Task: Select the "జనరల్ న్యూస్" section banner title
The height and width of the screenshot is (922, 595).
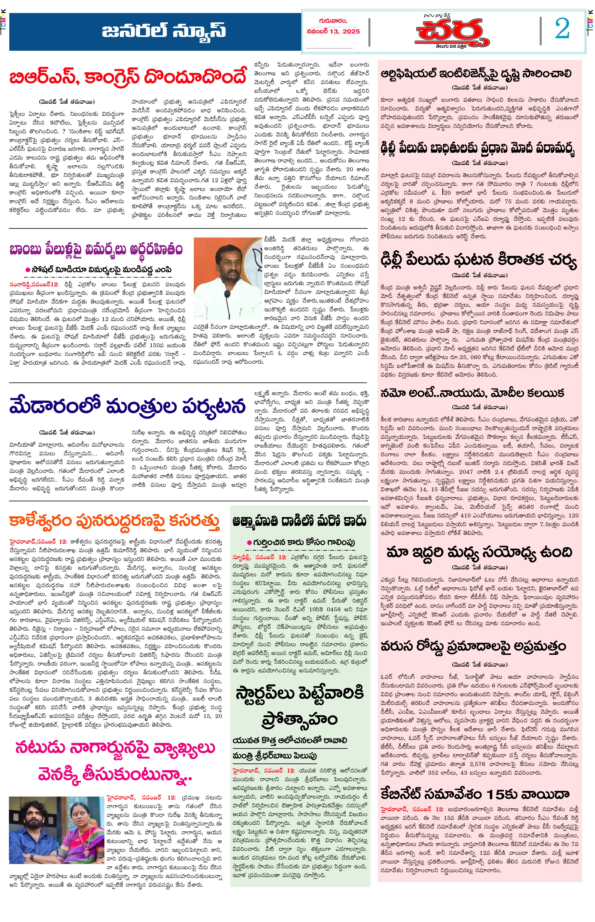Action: pos(164,31)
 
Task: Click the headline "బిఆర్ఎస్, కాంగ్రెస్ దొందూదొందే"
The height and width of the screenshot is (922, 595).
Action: pos(127,77)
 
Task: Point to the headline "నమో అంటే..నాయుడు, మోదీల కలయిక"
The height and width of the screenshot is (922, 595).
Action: pos(472,393)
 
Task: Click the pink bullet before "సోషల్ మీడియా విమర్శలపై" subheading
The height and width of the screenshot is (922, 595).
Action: pos(28,269)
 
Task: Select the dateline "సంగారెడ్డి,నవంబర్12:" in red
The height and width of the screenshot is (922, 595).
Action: pos(34,284)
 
